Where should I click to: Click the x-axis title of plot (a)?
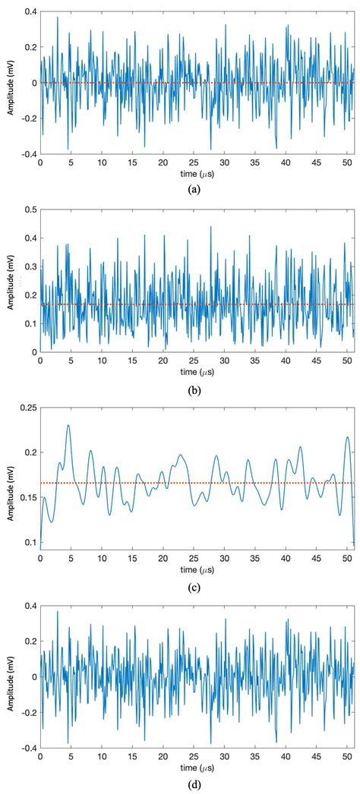pyautogui.click(x=197, y=171)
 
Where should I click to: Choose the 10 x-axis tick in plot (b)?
pyautogui.click(x=102, y=360)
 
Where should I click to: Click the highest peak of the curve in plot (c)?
pyautogui.click(x=68, y=425)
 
